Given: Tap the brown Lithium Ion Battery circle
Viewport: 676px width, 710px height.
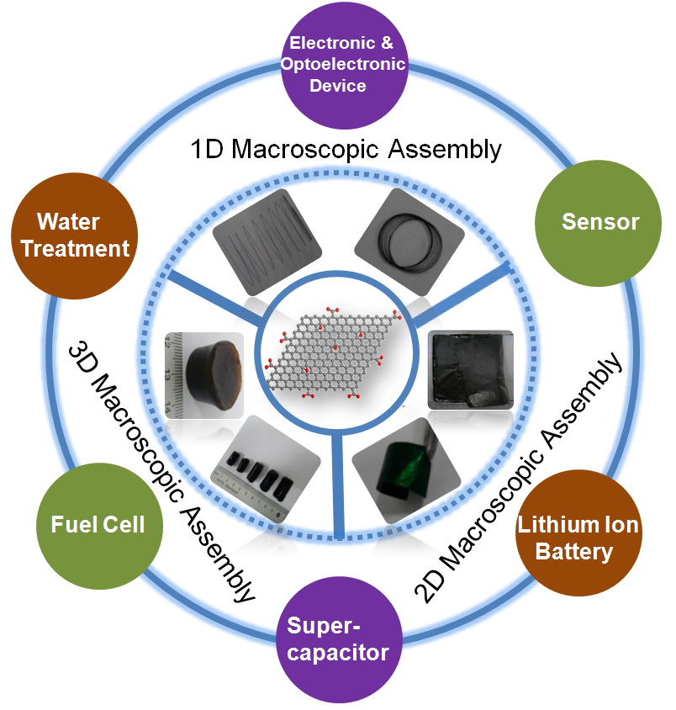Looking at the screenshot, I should [x=578, y=539].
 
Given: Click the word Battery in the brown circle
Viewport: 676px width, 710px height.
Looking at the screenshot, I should [x=578, y=552].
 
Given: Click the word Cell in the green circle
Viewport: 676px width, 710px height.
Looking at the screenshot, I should [x=121, y=525].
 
